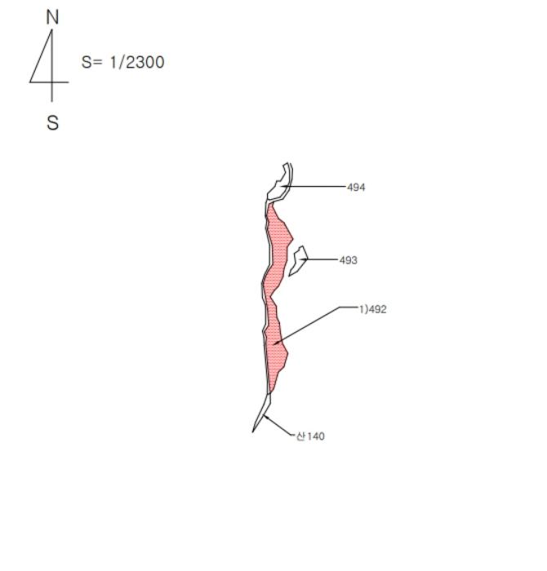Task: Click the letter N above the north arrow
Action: [52, 17]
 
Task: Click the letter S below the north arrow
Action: [52, 122]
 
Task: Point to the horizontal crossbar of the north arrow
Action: [49, 82]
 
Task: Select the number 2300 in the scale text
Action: [145, 62]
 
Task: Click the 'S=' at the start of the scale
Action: [91, 62]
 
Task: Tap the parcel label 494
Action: [356, 187]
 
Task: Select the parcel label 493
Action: [349, 260]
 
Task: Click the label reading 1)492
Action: [373, 309]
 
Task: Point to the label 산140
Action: [310, 436]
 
